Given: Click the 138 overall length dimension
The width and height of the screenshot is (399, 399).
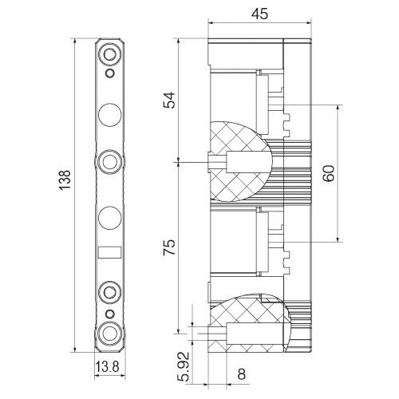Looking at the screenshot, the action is click(65, 180).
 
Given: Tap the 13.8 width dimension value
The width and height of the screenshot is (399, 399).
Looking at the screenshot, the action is click(107, 367).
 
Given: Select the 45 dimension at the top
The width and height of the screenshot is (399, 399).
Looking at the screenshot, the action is click(259, 14).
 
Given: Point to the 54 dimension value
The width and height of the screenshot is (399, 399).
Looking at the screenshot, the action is click(169, 100).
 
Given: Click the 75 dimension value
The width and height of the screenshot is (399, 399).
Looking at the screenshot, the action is click(169, 247).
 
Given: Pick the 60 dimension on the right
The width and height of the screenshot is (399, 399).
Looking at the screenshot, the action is click(329, 173).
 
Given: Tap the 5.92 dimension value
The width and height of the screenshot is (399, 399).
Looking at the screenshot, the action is click(184, 366).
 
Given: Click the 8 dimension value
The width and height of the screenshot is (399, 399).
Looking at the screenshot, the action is click(241, 374).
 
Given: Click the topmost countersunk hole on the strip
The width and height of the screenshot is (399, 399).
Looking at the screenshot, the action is click(109, 54).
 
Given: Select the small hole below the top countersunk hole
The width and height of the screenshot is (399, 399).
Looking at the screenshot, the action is click(110, 73).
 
